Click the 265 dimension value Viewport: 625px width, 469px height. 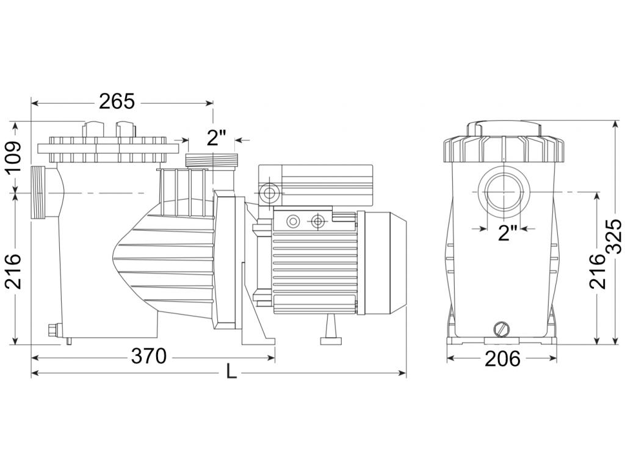pyautogui.click(x=117, y=102)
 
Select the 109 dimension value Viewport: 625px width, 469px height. pyautogui.click(x=13, y=157)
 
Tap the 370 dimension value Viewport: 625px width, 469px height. pyautogui.click(x=149, y=356)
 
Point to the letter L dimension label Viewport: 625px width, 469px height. pyautogui.click(x=231, y=372)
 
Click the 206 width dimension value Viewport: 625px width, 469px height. pyautogui.click(x=502, y=358)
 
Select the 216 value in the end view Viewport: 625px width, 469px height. pyautogui.click(x=598, y=271)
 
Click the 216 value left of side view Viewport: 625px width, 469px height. pyautogui.click(x=13, y=271)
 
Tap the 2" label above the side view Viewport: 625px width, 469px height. pyautogui.click(x=217, y=138)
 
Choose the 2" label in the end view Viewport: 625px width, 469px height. pyautogui.click(x=508, y=233)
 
